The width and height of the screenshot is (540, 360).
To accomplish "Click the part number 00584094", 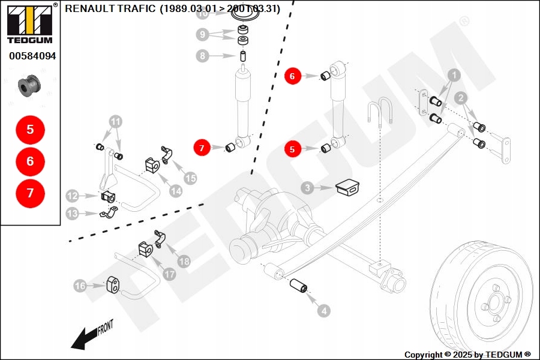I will click(32, 56).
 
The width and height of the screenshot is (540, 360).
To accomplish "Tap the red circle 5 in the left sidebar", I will click(30, 129).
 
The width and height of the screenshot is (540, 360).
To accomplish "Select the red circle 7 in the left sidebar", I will click(30, 193).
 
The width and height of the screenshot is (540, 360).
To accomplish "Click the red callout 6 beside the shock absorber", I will click(292, 76).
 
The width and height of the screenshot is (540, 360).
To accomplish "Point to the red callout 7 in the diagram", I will click(202, 147).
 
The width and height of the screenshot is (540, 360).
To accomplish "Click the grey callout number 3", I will click(307, 188).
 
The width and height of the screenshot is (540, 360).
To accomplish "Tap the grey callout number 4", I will click(323, 311).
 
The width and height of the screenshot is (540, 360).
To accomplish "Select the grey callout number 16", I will click(80, 286).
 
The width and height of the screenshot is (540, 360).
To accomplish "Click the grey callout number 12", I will click(72, 196).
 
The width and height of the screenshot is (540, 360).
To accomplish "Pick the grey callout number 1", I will click(454, 76).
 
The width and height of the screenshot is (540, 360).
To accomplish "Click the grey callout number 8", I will click(202, 56).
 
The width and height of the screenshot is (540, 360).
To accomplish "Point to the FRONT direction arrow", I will click(90, 335).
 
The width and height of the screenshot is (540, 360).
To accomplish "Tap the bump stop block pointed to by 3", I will click(346, 187).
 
